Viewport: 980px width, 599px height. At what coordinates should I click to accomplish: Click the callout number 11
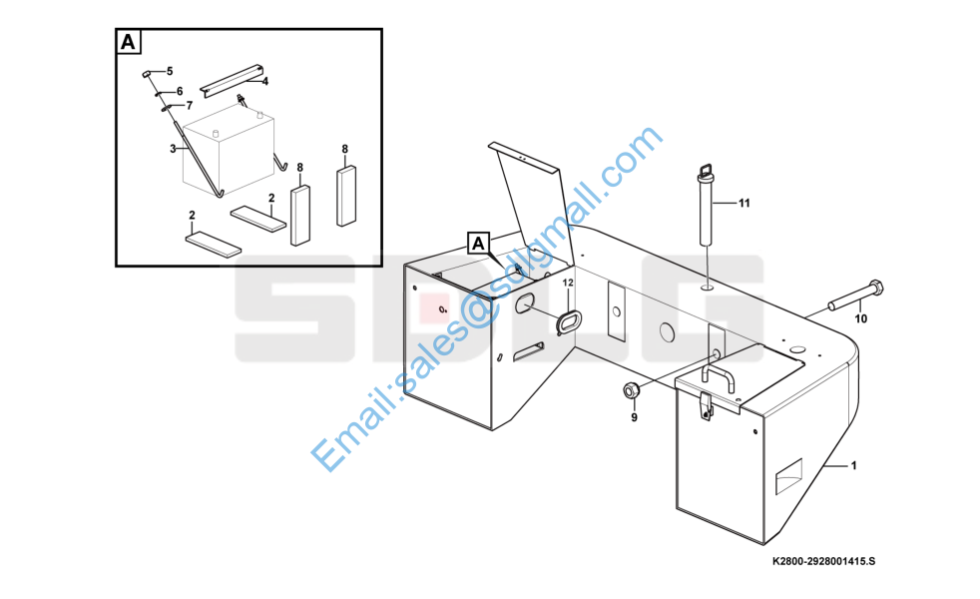click(x=743, y=204)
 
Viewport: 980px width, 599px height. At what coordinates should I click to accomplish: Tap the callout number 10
click(x=860, y=318)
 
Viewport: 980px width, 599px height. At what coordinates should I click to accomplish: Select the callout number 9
click(x=634, y=417)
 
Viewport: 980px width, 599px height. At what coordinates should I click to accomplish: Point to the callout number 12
click(x=568, y=284)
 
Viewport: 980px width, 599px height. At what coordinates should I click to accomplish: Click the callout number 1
click(x=853, y=466)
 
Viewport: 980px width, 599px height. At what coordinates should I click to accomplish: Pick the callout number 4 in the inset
click(x=265, y=81)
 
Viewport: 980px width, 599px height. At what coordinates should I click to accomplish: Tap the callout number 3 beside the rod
click(x=173, y=149)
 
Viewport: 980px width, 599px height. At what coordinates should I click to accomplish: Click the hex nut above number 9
click(x=630, y=390)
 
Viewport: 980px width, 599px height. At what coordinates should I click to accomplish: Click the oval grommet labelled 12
click(x=568, y=322)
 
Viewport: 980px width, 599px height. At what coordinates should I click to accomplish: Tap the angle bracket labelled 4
click(x=232, y=80)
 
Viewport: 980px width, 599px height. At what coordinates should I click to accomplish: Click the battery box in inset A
click(x=229, y=150)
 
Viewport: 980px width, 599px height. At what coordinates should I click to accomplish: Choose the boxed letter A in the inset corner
click(x=128, y=42)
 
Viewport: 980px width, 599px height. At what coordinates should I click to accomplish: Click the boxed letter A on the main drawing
click(x=478, y=244)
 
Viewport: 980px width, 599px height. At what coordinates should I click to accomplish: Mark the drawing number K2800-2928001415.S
click(x=823, y=561)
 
